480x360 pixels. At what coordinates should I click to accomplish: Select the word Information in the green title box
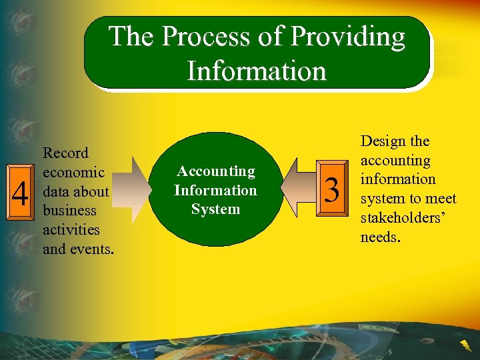[x=257, y=70]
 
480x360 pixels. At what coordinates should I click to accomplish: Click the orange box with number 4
[x=21, y=195]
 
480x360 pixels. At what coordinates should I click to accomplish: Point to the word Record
[x=65, y=153]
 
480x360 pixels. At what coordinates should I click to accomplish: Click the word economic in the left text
[x=73, y=173]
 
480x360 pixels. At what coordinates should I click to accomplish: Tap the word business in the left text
[x=70, y=211]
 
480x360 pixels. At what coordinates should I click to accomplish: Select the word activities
[x=71, y=230]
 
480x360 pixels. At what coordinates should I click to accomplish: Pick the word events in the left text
[x=90, y=249]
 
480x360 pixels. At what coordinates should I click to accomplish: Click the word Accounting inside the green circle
[x=215, y=171]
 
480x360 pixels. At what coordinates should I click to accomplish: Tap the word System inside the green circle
[x=215, y=209]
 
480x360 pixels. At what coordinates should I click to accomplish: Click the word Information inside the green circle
[x=215, y=190]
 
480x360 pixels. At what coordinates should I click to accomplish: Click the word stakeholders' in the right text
[x=399, y=218]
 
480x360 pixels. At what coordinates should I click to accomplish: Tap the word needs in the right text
[x=379, y=237]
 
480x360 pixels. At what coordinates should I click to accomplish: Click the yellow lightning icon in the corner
[x=464, y=344]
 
